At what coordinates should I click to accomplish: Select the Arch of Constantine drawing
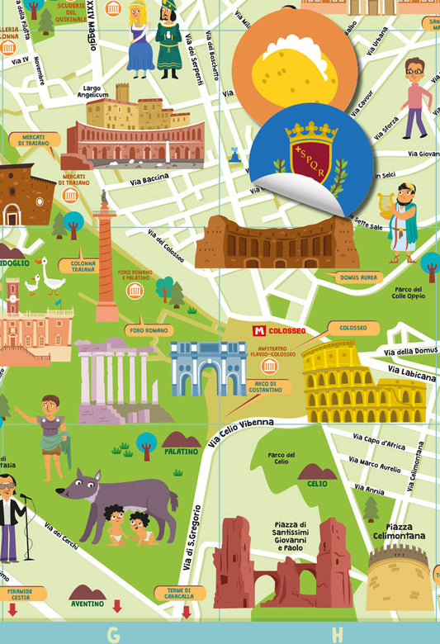coord(208,368)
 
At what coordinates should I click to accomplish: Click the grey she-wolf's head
coord(83,485)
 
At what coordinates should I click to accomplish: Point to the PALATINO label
coord(181,452)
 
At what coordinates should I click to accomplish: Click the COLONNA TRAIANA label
coord(83,267)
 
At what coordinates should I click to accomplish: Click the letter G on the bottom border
coord(113,634)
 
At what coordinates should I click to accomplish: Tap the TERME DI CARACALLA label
coord(180,593)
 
